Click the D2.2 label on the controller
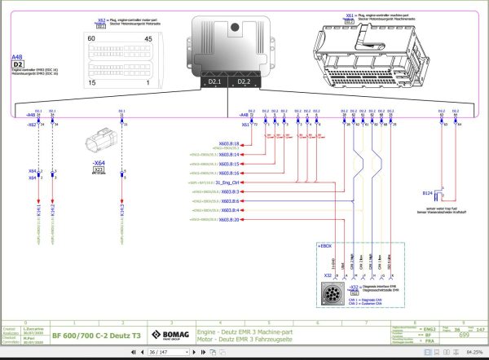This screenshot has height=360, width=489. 244,81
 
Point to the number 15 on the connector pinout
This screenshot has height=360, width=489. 91,83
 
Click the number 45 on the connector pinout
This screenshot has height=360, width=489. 148,38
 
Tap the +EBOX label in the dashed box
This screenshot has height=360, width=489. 324,244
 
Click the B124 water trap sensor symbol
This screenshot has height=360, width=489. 437,194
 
